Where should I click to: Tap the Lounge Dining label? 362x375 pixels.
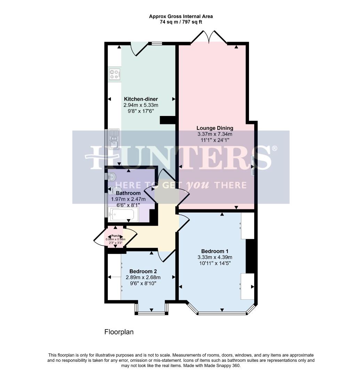(215, 128)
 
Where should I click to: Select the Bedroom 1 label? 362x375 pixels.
(215, 251)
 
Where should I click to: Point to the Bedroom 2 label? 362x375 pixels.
(143, 271)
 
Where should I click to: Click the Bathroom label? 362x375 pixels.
(128, 193)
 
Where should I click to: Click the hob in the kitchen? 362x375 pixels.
(115, 74)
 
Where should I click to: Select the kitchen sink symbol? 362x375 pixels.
(114, 139)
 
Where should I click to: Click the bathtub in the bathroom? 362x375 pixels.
(124, 214)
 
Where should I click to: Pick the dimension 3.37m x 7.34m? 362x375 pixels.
(215, 134)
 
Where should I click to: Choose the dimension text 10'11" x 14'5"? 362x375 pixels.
(215, 263)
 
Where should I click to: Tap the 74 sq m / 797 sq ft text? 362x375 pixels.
(181, 22)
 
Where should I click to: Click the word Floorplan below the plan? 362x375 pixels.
(119, 332)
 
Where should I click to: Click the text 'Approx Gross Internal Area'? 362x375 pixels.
(181, 16)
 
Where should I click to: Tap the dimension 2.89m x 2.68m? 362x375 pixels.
(143, 277)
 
